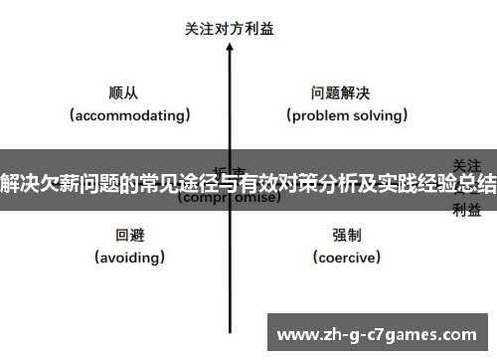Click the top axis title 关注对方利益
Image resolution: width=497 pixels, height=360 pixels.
coord(230,29)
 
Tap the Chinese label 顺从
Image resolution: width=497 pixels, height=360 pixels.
coord(123,92)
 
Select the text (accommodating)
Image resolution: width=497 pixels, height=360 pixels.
coord(130,115)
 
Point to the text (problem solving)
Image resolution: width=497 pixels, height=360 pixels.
coord(348,115)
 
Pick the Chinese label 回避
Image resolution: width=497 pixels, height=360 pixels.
coord(130,235)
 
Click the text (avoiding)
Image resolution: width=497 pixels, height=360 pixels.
coord(130,258)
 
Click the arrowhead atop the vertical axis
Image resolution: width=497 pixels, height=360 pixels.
coord(230,48)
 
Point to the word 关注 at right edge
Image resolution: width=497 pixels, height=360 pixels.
coord(467,164)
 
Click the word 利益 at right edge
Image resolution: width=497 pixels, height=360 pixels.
coord(467,209)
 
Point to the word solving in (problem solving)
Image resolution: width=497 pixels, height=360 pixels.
coord(379,115)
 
